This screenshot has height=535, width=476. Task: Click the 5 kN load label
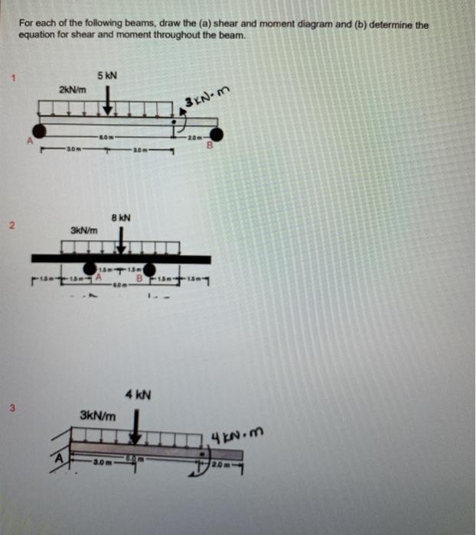coord(107,76)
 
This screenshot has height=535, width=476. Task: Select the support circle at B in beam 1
coord(217,135)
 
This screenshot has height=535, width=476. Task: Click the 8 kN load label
coord(122,217)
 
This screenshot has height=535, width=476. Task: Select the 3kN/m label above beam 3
coord(98,417)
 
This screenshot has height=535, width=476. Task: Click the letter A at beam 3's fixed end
coord(57,459)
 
